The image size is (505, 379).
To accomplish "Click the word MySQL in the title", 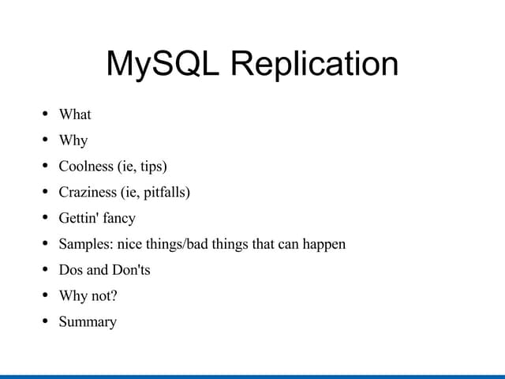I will pyautogui.click(x=163, y=64).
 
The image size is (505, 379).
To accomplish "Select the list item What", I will pyautogui.click(x=75, y=114).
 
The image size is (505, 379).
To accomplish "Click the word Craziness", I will pyautogui.click(x=87, y=192).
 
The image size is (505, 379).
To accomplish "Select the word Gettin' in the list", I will pyautogui.click(x=77, y=218).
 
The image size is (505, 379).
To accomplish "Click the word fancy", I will pyautogui.click(x=117, y=219).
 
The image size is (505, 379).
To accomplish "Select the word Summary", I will pyautogui.click(x=88, y=322).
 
